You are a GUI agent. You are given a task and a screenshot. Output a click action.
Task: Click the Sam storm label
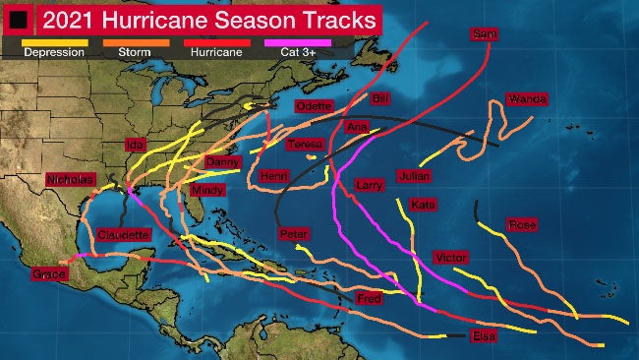point(483,34)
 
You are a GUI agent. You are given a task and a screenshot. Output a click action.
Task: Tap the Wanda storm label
point(526,99)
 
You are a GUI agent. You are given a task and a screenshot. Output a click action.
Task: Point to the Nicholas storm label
point(70,179)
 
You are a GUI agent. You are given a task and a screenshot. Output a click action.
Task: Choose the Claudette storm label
point(124,235)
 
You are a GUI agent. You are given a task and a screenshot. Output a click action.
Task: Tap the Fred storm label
point(369,298)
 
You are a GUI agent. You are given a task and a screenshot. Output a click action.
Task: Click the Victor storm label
point(449,257)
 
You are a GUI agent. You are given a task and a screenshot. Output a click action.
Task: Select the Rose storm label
point(521,225)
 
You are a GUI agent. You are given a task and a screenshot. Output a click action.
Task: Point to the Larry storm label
point(369,185)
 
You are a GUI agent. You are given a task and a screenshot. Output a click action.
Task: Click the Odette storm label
point(313,106)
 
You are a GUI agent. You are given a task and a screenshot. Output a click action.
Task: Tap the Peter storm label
point(293,234)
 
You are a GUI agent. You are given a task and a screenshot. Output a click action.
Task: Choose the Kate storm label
point(423,205)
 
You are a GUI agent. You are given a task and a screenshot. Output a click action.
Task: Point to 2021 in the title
point(73,19)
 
